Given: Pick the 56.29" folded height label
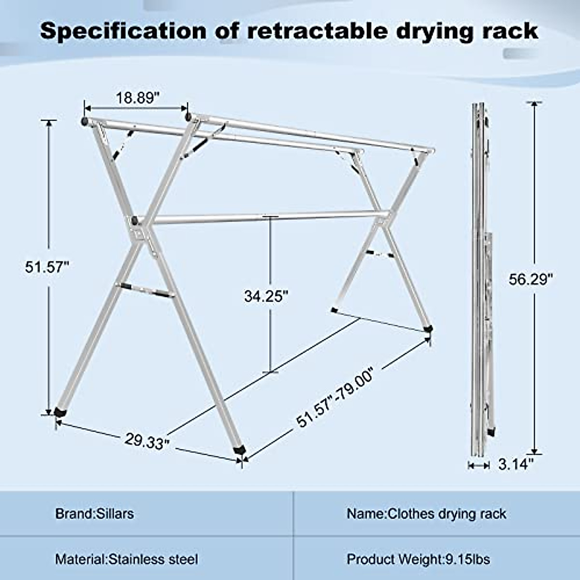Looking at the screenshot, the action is click(530, 279).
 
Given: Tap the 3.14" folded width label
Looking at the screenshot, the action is click(516, 464).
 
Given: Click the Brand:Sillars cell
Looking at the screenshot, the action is click(94, 513).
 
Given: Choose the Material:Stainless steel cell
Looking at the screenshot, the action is click(127, 559).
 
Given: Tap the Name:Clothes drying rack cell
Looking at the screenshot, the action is click(426, 513).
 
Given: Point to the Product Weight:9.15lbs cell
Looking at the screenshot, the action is click(419, 559).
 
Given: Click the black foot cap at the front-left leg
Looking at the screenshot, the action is click(60, 412).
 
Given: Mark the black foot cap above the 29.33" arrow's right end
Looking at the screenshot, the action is click(239, 449).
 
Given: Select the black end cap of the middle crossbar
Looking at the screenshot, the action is click(133, 221).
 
